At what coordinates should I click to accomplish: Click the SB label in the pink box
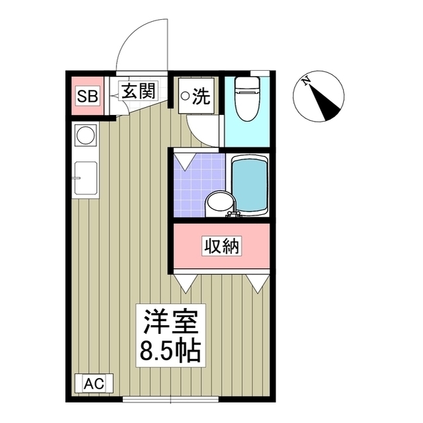(87, 96)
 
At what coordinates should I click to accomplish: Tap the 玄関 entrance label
(137, 92)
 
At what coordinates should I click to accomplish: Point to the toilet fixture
(247, 99)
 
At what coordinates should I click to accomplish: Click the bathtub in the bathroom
(249, 184)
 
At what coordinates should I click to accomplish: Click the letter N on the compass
(306, 83)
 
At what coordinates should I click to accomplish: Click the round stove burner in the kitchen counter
(85, 136)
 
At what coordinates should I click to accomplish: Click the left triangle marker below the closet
(184, 284)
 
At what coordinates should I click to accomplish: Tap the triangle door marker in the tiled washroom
(184, 159)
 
